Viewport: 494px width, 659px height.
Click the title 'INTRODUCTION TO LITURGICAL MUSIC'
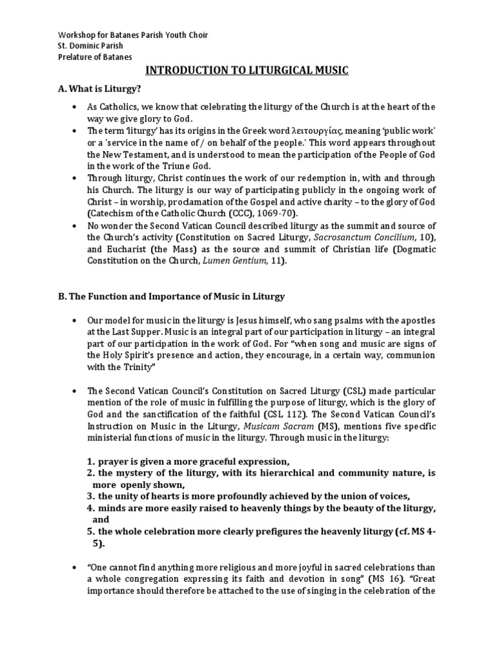246,71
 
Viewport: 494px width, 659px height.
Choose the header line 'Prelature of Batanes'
95,57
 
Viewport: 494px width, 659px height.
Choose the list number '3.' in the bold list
91,496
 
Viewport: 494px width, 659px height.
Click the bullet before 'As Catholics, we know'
76,107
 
